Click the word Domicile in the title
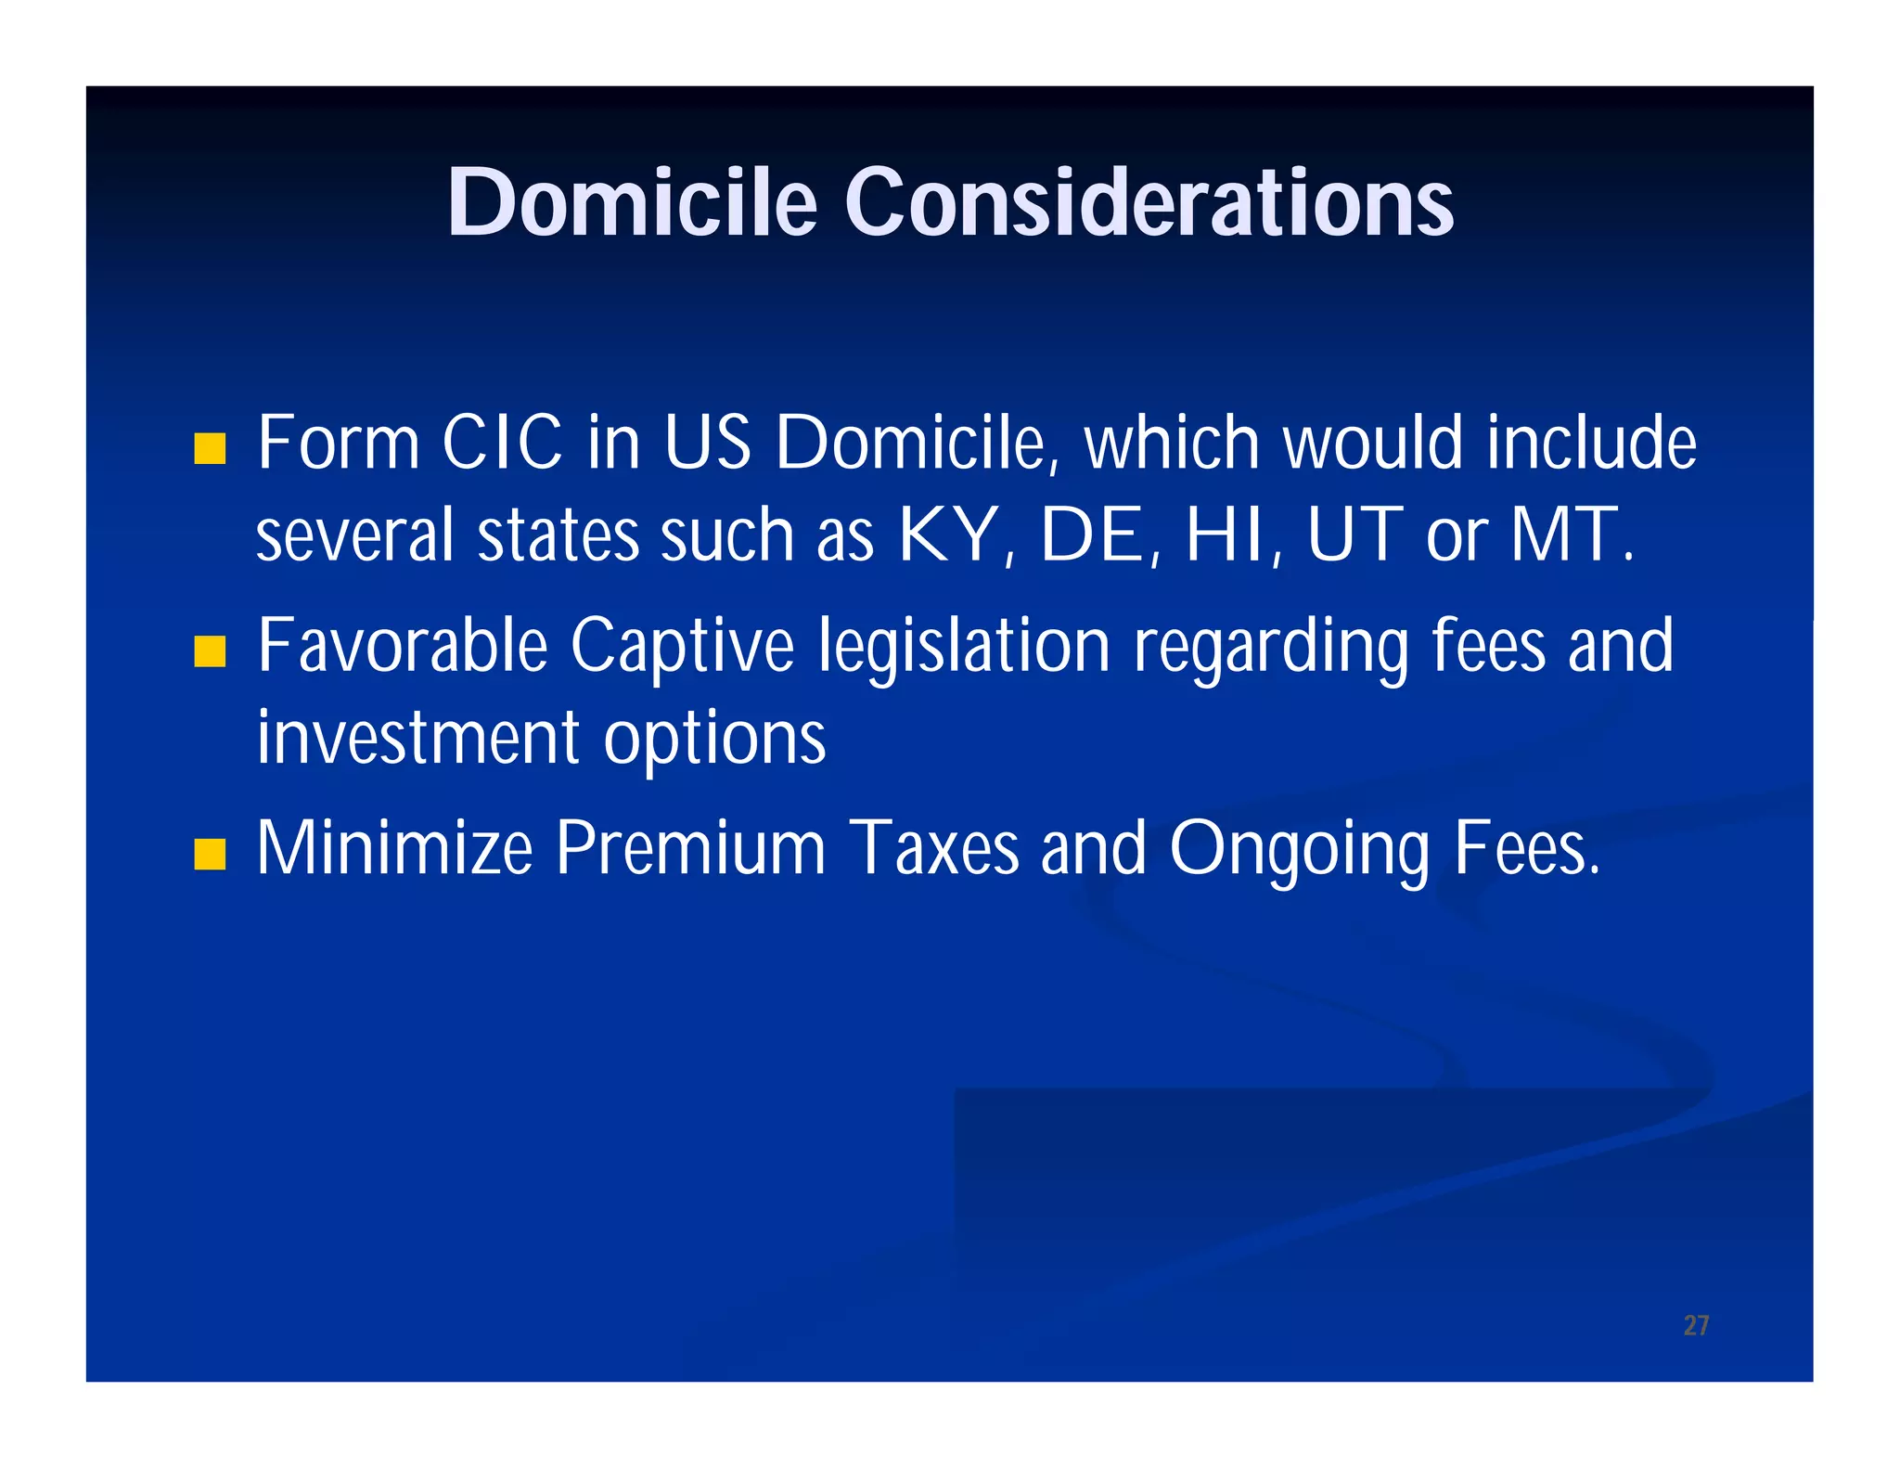[x=632, y=202]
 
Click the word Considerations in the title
[x=1149, y=202]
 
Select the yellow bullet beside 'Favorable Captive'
[x=211, y=651]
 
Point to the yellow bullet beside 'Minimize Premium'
[x=211, y=854]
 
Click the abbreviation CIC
[x=502, y=443]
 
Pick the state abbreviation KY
[x=948, y=535]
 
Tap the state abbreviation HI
[x=1225, y=535]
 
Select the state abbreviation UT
[x=1354, y=535]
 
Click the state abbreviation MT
[x=1564, y=535]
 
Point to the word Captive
[x=682, y=647]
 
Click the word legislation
[x=964, y=647]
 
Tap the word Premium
[x=690, y=848]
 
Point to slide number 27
[x=1696, y=1325]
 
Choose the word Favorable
[x=403, y=647]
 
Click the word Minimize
[x=395, y=848]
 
